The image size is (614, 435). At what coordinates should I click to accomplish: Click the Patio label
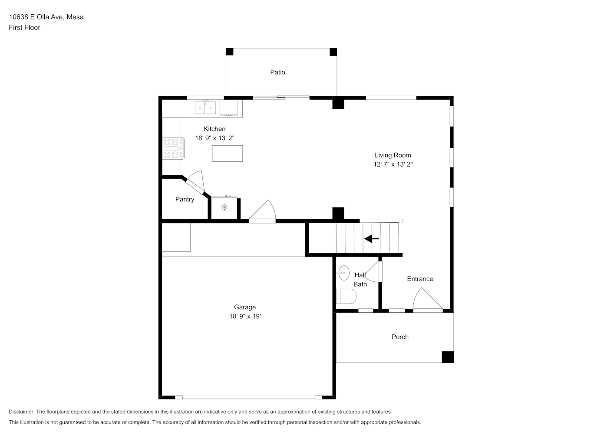tap(277, 72)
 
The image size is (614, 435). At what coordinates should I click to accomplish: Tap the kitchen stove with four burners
tap(173, 148)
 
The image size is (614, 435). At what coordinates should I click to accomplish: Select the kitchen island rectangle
tap(227, 154)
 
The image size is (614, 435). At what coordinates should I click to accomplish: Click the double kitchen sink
tap(205, 107)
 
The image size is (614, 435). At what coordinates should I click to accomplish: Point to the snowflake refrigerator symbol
tap(224, 207)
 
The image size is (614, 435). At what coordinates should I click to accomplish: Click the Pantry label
tap(185, 199)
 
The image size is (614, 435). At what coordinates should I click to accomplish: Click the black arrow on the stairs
tap(371, 239)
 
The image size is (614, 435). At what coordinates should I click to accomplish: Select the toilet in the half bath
tap(346, 297)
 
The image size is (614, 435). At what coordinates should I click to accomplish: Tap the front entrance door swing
tap(428, 299)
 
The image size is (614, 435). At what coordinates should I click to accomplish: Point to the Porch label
tap(400, 337)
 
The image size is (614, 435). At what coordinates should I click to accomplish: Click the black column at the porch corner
tap(448, 357)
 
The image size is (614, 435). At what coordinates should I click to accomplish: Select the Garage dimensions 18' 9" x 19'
tap(245, 316)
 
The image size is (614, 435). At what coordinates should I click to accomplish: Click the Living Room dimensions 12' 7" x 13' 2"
tap(393, 164)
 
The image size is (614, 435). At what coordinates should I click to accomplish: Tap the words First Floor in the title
tap(24, 27)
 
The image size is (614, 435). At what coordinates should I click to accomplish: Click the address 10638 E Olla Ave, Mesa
tap(46, 17)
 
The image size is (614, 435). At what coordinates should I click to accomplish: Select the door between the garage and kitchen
tap(262, 211)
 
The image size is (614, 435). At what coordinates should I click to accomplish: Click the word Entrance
tap(420, 279)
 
